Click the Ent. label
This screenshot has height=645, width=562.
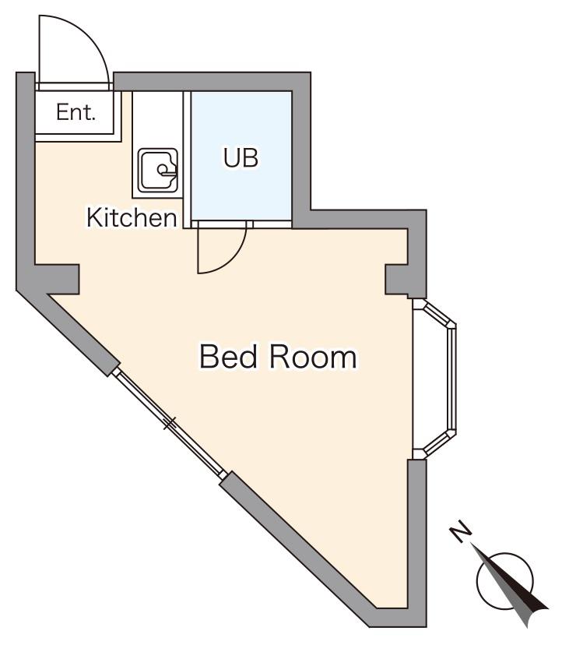tap(76, 112)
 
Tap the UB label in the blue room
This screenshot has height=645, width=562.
tap(241, 157)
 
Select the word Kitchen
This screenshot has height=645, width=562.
tap(132, 217)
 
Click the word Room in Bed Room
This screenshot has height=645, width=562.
tap(313, 357)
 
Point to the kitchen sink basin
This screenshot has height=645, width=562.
tap(158, 171)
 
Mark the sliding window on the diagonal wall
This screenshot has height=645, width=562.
tap(169, 423)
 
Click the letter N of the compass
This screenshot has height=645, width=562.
tap(461, 531)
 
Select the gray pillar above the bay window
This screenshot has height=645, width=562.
tap(397, 280)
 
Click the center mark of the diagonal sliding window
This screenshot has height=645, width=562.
tap(170, 423)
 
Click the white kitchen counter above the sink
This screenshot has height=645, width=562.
tap(157, 119)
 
